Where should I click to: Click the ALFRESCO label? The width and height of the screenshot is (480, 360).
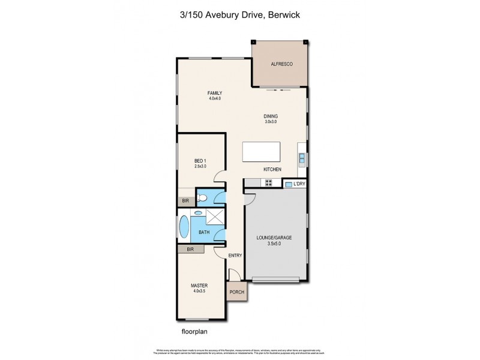281,64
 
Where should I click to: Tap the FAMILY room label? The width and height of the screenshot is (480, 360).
215,93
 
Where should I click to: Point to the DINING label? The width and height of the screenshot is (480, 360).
271,116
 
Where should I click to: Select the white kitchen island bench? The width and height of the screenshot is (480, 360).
262,152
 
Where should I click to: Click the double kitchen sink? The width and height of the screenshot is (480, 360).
302,159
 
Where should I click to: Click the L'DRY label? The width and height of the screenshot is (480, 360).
299,184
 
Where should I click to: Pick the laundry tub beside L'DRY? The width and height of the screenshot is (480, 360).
289,184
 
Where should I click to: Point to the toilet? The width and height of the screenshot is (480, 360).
202,197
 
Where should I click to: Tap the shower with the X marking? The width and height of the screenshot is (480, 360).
215,217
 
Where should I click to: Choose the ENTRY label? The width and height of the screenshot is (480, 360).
235,256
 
